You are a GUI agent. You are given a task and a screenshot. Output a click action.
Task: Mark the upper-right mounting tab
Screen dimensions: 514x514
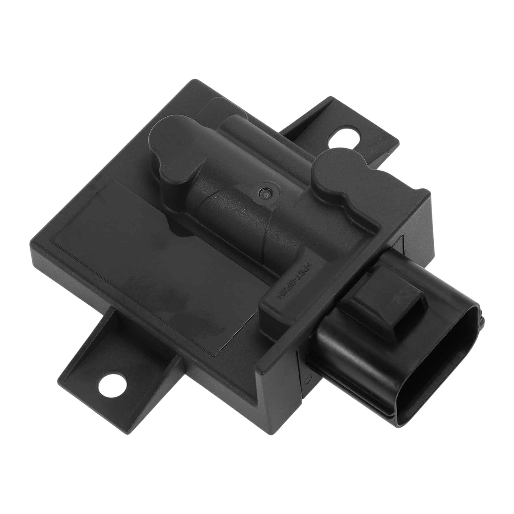(354, 133)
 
